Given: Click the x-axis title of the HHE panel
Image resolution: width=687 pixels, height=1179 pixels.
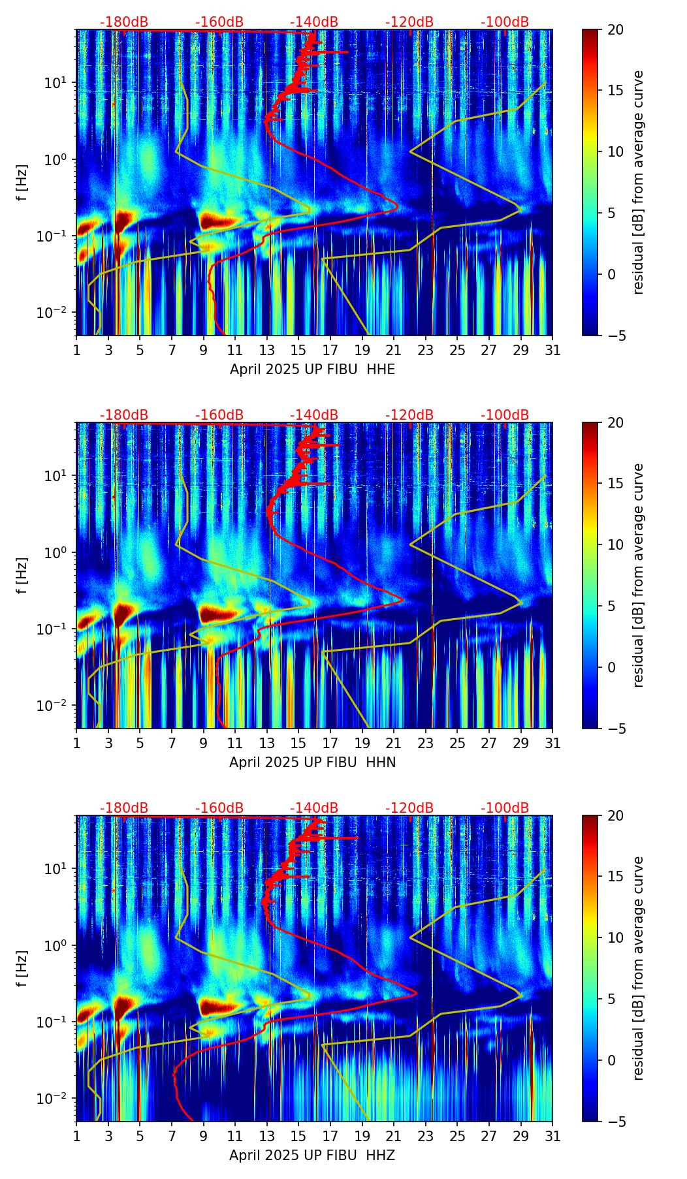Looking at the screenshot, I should pos(312,369).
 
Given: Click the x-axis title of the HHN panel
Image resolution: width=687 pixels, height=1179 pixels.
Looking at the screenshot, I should pos(312,762).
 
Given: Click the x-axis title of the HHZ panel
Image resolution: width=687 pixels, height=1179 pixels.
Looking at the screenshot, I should pos(312,1155).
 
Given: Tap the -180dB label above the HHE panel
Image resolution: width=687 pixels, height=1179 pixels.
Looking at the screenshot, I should pos(124,22).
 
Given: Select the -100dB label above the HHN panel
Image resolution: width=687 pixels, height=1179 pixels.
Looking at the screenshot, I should pos(505,415).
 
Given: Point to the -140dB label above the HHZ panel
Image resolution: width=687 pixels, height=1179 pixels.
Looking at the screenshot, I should pos(314,808).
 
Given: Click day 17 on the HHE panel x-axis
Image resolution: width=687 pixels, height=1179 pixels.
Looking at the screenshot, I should pos(330,350).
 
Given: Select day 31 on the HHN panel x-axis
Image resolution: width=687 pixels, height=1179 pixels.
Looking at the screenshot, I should pos(552,743).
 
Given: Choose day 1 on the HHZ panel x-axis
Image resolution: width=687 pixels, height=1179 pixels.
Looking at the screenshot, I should pos(76,1136).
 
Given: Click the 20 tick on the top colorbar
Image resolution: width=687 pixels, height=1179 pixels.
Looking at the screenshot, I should pos(615,29).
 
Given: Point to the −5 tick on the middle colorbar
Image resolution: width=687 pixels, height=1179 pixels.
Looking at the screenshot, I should pos(615,729).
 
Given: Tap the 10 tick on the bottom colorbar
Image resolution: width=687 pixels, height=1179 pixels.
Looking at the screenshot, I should pos(615,937).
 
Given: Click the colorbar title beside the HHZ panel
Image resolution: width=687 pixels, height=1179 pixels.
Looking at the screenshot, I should pos(638,968).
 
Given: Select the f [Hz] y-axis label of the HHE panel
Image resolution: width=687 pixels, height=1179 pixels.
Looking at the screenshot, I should pos(23,182).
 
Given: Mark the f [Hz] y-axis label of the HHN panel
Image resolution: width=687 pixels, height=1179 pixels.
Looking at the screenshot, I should pos(23,575).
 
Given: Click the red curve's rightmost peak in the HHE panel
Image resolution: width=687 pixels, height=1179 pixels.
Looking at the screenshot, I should pos(397,207).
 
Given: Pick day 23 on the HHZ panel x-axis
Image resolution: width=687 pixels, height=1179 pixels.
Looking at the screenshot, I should pos(425,1136).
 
